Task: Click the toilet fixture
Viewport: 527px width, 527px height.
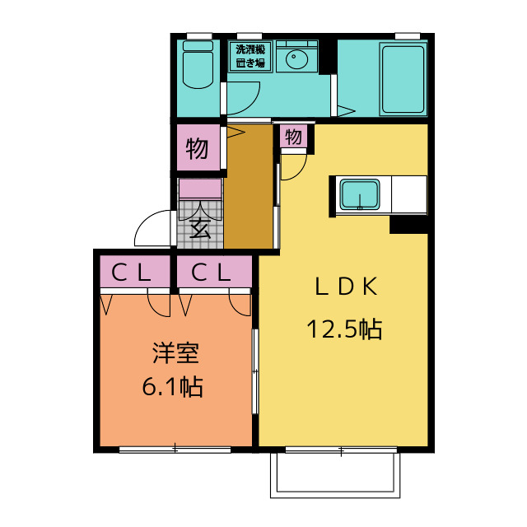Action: (x=198, y=64)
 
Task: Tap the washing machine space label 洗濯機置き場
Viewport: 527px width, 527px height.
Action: (x=250, y=56)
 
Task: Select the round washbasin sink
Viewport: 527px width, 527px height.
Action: (x=296, y=59)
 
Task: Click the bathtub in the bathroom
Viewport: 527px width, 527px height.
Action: (x=403, y=79)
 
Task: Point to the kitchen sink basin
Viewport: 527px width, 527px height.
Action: (x=360, y=194)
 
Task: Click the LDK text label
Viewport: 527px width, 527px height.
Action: (x=346, y=287)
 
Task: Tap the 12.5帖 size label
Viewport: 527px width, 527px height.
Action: (x=344, y=329)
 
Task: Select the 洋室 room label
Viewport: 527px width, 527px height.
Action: (x=175, y=353)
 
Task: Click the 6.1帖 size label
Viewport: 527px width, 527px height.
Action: (x=172, y=386)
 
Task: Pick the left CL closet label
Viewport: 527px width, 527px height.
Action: (x=131, y=273)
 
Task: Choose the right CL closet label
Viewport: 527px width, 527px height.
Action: (x=211, y=273)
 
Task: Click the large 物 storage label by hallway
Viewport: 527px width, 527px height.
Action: (x=197, y=148)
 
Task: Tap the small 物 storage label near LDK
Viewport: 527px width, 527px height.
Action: (x=293, y=137)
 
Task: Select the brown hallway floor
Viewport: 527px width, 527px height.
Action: (x=249, y=187)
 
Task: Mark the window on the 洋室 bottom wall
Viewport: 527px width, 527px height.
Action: (x=175, y=450)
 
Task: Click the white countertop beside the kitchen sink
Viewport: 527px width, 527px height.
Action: (x=409, y=194)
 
